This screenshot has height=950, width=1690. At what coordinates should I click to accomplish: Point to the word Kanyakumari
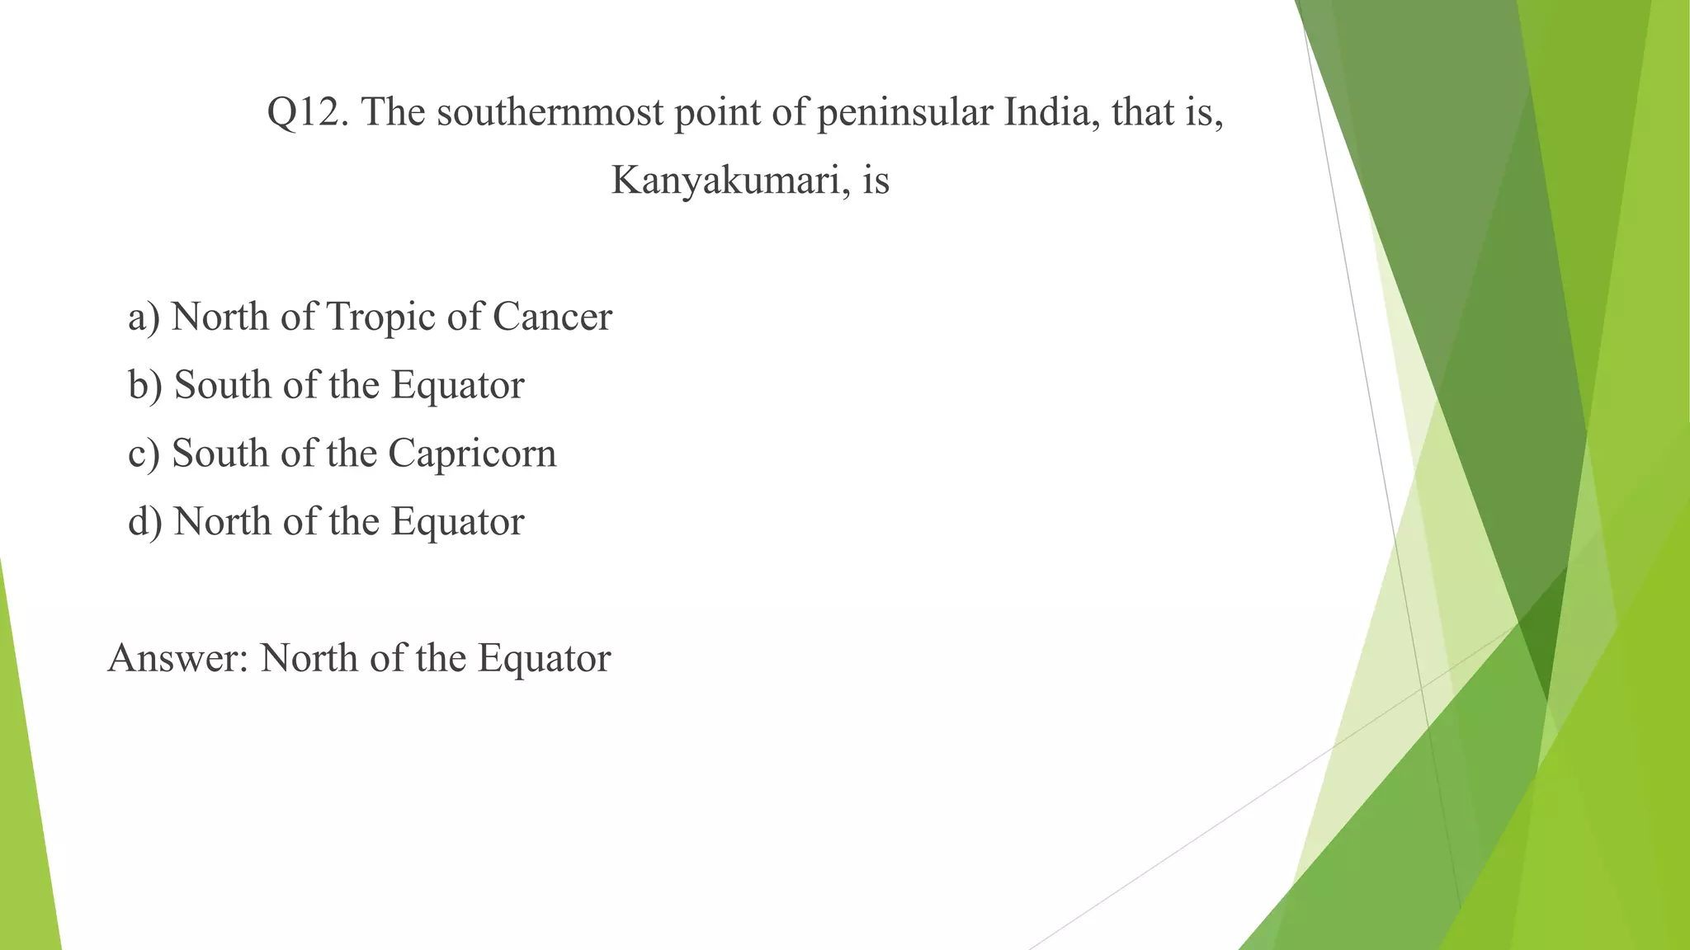(731, 181)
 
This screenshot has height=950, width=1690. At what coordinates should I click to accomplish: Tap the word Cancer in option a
(553, 317)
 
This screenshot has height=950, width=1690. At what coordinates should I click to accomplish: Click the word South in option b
(223, 386)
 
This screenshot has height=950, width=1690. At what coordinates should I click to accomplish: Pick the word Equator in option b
(457, 386)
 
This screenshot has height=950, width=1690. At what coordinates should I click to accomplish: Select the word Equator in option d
(457, 522)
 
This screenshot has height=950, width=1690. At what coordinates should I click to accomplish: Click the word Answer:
(178, 659)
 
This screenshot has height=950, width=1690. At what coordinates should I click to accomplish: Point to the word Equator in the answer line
(544, 659)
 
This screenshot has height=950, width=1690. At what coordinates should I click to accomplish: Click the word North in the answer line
(309, 659)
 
